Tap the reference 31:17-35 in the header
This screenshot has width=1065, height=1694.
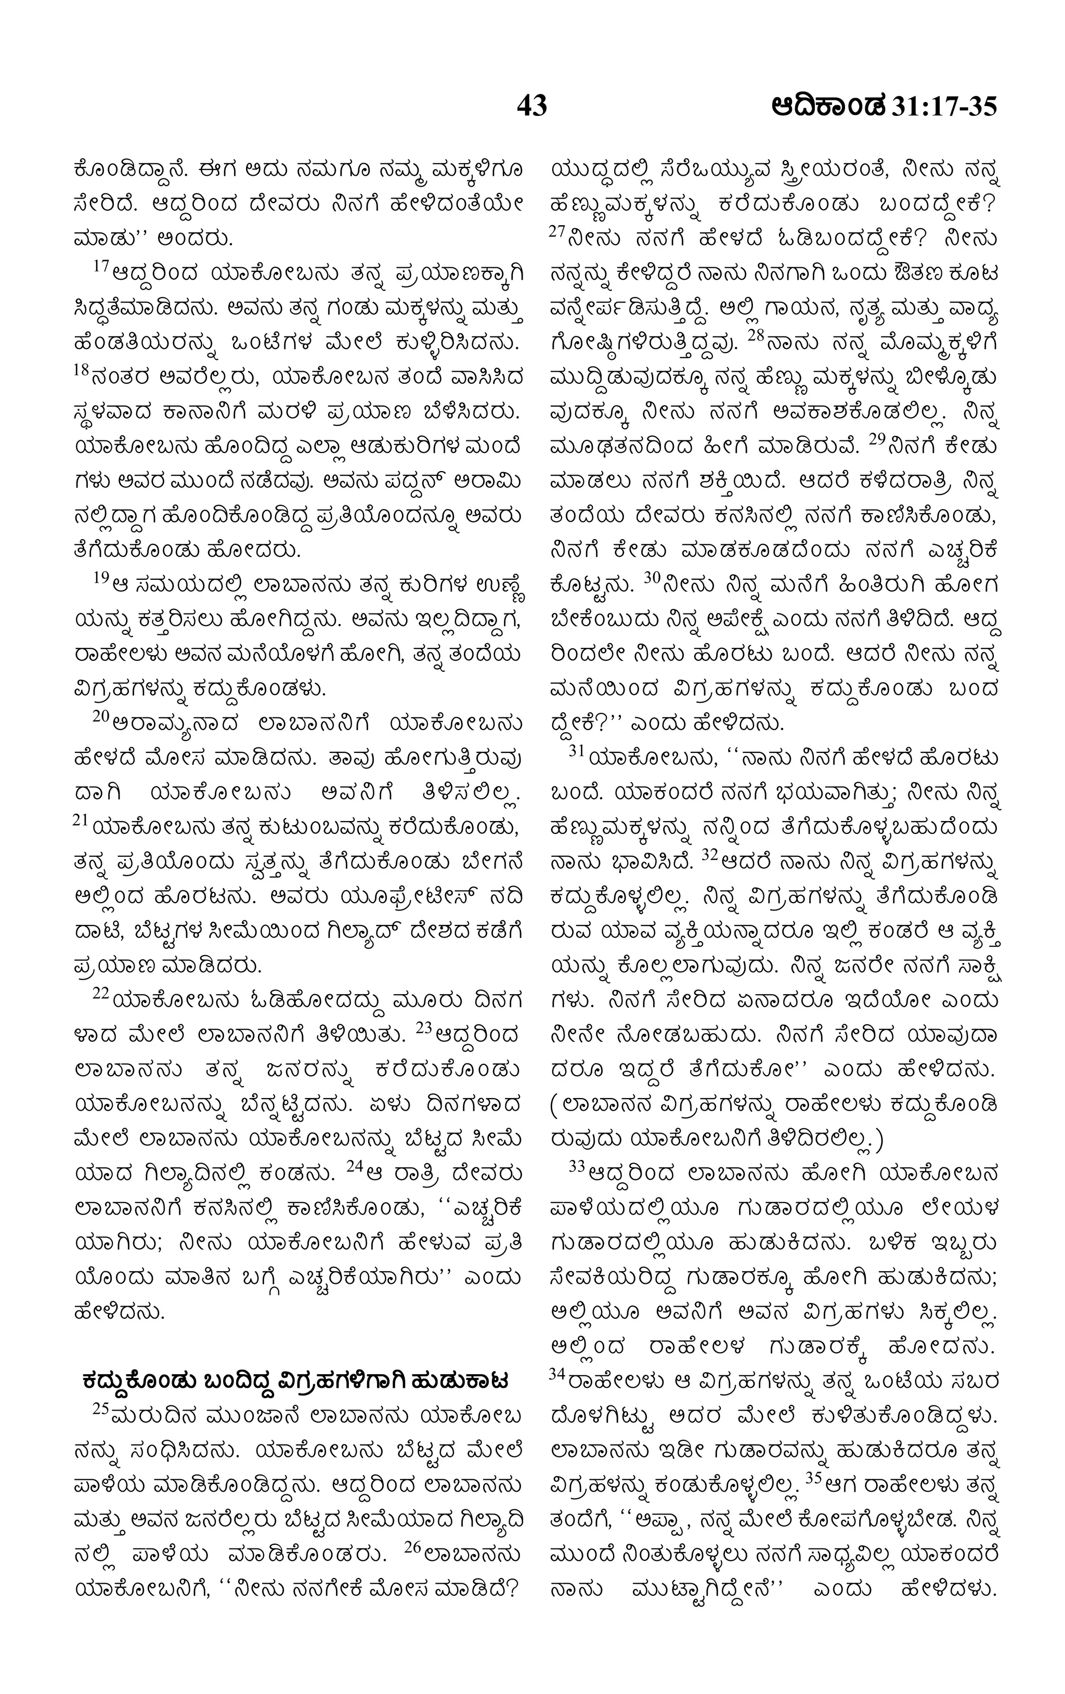click(943, 107)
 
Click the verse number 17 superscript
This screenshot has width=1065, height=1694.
click(100, 267)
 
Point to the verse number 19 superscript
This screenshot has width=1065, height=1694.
click(100, 577)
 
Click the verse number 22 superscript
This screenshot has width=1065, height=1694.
click(100, 992)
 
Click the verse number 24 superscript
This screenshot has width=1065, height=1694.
click(355, 1166)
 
